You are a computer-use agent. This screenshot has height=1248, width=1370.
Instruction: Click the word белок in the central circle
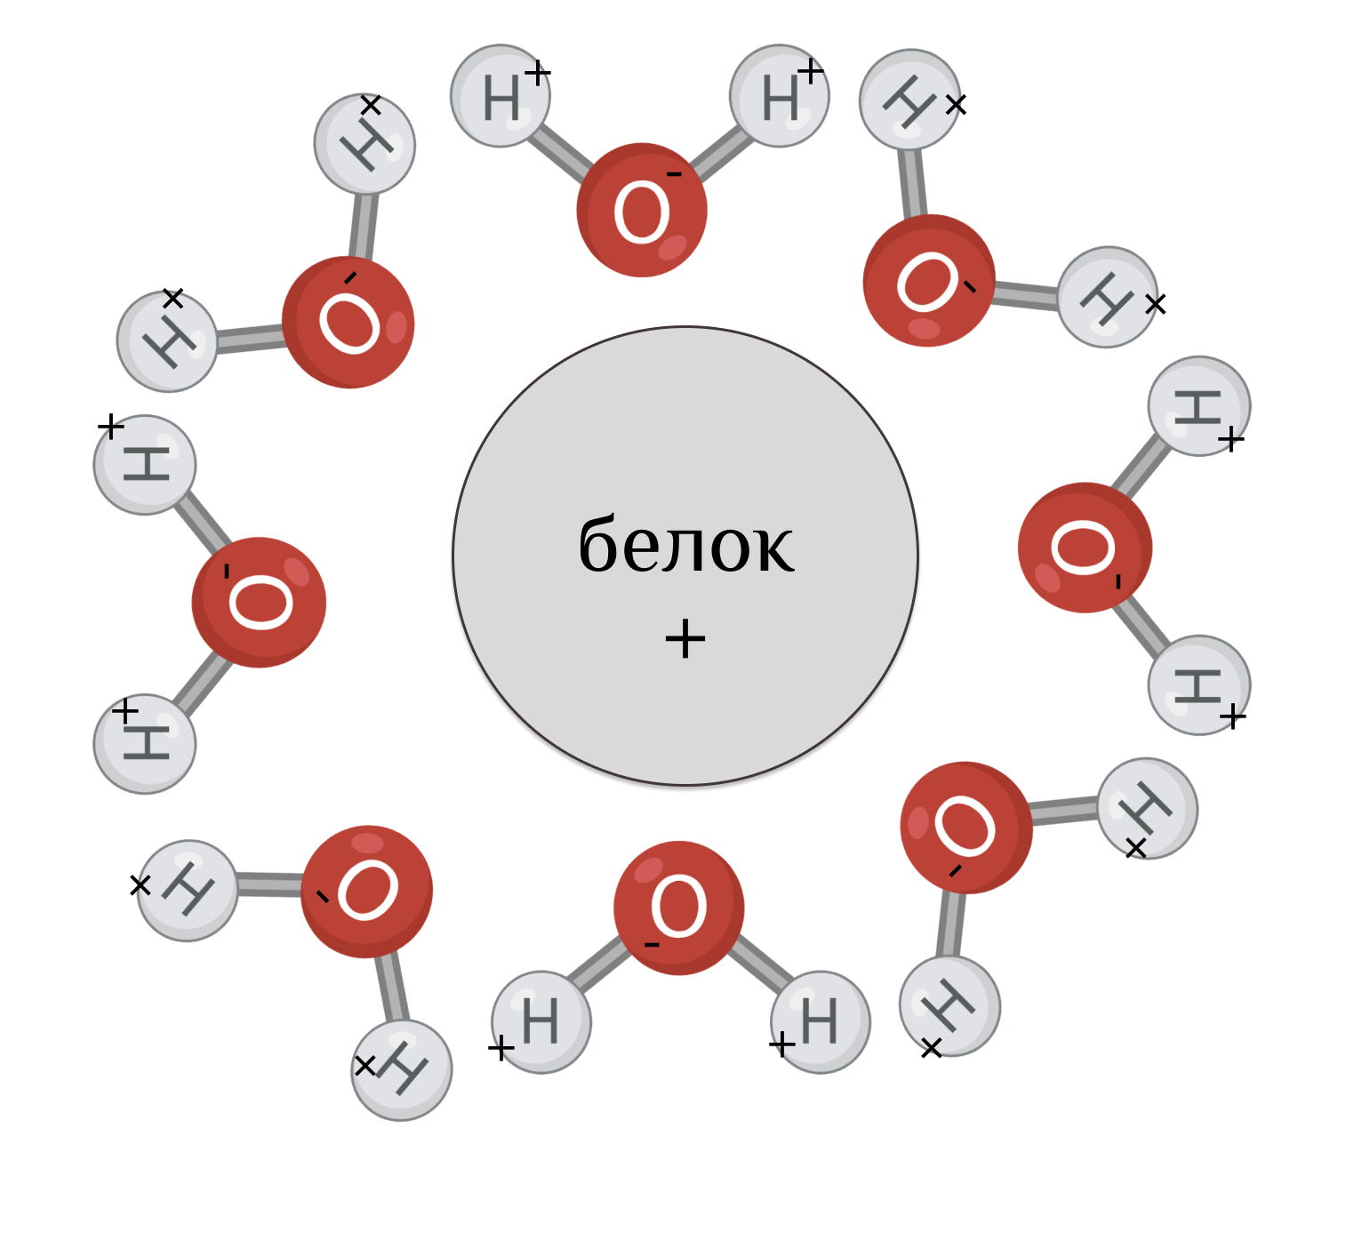click(685, 545)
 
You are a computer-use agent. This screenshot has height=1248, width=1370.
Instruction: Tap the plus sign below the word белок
click(685, 638)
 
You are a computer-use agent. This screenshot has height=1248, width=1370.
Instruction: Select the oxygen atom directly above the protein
click(641, 210)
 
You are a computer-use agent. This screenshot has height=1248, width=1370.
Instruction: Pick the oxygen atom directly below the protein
click(679, 908)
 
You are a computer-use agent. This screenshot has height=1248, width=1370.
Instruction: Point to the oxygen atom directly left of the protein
click(259, 602)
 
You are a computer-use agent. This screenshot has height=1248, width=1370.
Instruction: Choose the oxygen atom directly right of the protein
click(1085, 548)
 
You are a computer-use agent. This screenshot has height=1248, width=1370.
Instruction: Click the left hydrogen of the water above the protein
click(501, 96)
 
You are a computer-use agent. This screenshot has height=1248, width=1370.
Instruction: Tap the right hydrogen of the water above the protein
click(780, 96)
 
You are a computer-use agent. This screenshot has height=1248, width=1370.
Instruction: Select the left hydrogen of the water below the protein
click(541, 1021)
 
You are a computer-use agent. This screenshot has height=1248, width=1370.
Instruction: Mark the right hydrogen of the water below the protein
click(820, 1021)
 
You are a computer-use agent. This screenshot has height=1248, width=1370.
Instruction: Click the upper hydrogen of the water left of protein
click(145, 464)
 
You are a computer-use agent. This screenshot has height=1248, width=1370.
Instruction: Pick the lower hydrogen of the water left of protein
click(145, 743)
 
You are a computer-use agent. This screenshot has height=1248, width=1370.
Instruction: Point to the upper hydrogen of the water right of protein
click(1198, 406)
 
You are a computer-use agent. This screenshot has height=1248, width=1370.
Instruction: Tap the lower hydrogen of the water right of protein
click(1198, 684)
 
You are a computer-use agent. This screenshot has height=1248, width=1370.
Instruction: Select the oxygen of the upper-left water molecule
click(349, 322)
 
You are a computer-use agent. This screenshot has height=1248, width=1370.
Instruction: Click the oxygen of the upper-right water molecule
click(929, 280)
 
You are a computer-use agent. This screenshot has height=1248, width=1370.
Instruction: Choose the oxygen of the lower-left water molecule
click(366, 891)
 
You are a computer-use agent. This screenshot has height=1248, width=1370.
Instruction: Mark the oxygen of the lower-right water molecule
click(966, 827)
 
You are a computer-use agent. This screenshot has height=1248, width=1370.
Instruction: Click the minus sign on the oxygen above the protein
click(674, 174)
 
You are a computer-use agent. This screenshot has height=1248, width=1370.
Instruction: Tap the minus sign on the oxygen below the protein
click(652, 944)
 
